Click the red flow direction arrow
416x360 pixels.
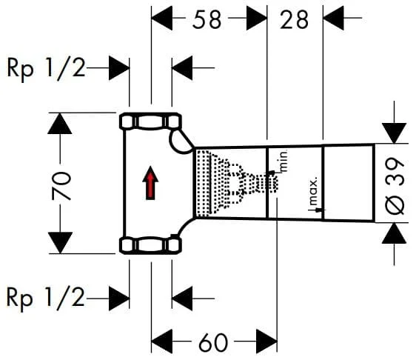pyautogui.click(x=150, y=183)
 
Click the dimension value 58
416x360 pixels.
pyautogui.click(x=207, y=20)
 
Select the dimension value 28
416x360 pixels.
pyautogui.click(x=295, y=20)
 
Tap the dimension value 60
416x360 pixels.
pyautogui.click(x=213, y=342)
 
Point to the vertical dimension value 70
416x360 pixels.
pyautogui.click(x=61, y=186)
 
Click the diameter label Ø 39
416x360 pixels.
pyautogui.click(x=395, y=186)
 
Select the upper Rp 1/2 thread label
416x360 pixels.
pyautogui.click(x=46, y=68)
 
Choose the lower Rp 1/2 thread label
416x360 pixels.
pyautogui.click(x=46, y=298)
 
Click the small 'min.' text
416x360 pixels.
pyautogui.click(x=284, y=161)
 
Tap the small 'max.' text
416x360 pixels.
pyautogui.click(x=313, y=192)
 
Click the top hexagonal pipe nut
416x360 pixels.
pyautogui.click(x=150, y=121)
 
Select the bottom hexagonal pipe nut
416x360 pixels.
pyautogui.click(x=150, y=245)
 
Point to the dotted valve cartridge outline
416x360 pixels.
pyautogui.click(x=237, y=183)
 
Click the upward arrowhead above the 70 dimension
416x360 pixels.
pyautogui.click(x=60, y=124)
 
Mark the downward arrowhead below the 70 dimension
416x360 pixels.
pyautogui.click(x=60, y=242)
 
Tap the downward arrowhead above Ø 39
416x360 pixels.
pyautogui.click(x=394, y=133)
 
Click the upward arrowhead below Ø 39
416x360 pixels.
pyautogui.click(x=394, y=233)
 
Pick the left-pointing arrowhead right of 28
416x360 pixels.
pyautogui.click(x=334, y=18)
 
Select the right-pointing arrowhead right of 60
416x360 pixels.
pyautogui.click(x=267, y=341)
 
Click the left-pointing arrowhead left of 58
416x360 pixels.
pyautogui.click(x=162, y=18)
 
